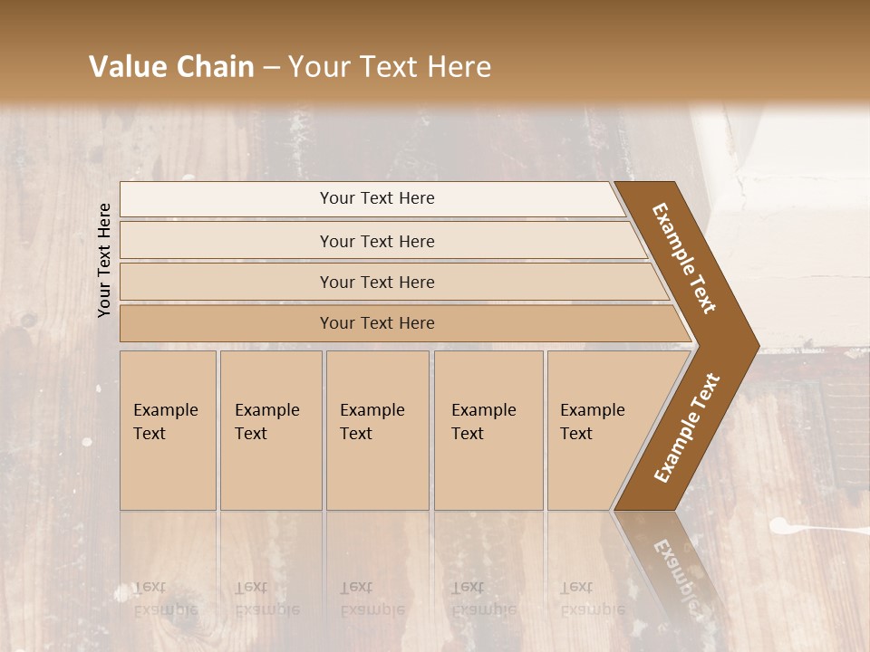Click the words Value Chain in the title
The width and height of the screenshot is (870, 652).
(171, 67)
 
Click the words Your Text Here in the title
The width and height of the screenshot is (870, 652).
(390, 67)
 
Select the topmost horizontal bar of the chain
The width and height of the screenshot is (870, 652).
(377, 198)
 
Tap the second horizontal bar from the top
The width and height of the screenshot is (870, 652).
(377, 241)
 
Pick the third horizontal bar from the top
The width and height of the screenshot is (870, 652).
(377, 282)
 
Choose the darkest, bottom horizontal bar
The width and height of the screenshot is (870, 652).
(377, 323)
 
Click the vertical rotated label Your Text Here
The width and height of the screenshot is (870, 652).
(105, 260)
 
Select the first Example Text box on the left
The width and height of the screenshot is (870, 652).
(168, 430)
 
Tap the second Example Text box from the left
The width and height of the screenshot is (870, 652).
(270, 430)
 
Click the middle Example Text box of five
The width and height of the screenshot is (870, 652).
(377, 430)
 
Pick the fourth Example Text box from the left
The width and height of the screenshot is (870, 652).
(488, 430)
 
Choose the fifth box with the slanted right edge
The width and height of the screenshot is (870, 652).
(598, 430)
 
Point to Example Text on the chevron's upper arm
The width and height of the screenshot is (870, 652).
(684, 258)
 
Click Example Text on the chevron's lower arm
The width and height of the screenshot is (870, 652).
(687, 427)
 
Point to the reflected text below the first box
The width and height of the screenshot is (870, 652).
(165, 599)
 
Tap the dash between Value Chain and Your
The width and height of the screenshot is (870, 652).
(271, 67)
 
